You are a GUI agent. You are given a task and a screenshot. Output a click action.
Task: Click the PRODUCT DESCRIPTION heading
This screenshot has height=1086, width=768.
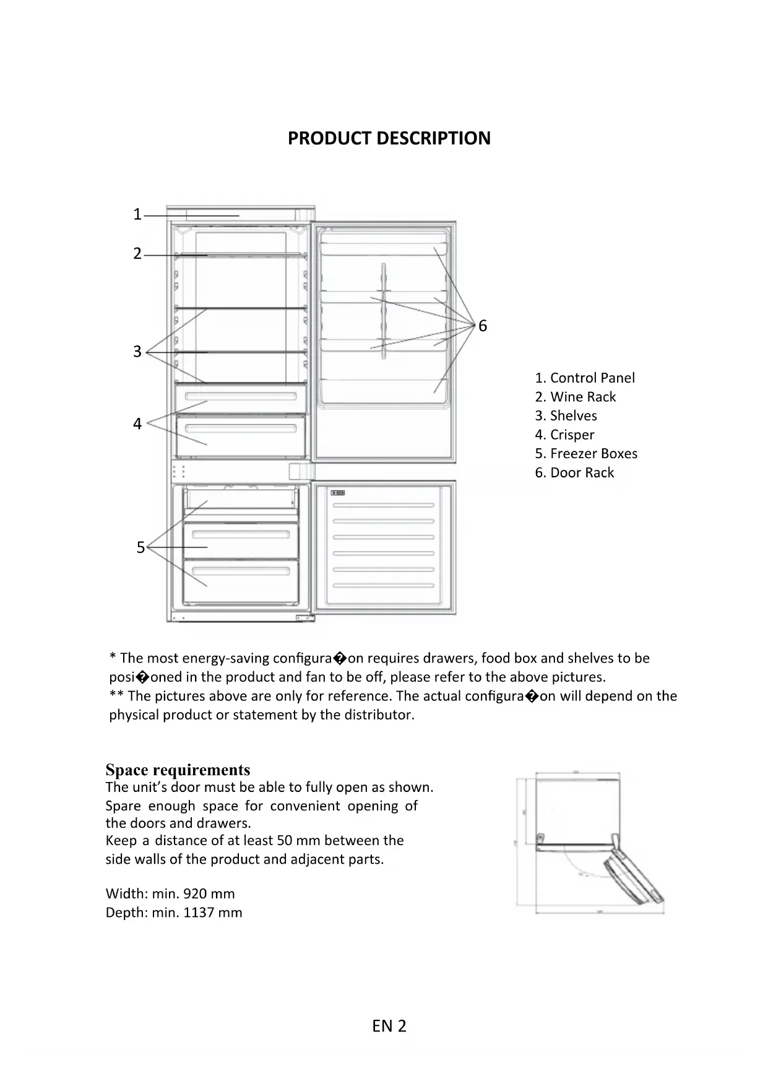tap(389, 138)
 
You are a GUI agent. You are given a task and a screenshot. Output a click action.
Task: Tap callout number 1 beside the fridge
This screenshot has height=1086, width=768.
tap(137, 215)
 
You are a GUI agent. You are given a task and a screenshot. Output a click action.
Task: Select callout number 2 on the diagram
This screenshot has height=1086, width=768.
tap(137, 254)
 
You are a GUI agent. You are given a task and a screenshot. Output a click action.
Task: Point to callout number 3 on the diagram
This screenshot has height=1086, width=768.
tap(137, 352)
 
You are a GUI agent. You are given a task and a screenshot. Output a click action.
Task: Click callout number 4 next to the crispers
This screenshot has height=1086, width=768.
tap(137, 424)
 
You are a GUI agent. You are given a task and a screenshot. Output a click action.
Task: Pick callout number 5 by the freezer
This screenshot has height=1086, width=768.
tap(140, 548)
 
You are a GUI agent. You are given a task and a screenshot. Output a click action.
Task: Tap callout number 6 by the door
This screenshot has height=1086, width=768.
tap(483, 326)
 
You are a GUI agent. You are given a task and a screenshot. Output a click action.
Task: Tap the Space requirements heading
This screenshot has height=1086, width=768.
tap(178, 770)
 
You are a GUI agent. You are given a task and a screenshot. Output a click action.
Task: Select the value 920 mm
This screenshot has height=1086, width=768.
tap(209, 893)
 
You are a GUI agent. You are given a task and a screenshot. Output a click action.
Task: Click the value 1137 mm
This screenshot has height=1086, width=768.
tap(213, 912)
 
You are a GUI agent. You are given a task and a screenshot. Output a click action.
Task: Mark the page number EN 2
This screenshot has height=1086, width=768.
tap(389, 1026)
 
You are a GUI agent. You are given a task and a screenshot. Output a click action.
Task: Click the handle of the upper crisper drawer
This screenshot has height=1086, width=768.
tap(240, 396)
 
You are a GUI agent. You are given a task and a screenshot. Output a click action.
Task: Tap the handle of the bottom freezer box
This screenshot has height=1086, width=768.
tap(240, 571)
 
